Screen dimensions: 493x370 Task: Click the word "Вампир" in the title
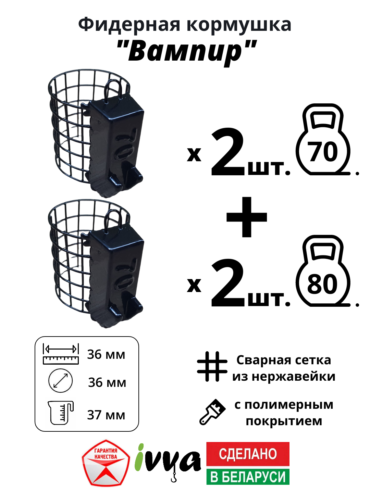pos(187,51)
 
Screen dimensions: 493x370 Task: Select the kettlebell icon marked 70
pos(323,140)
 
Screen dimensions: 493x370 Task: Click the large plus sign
pos(247,217)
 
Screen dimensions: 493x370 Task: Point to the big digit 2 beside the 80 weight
pos(227,283)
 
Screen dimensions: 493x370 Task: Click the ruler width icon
pos(61,354)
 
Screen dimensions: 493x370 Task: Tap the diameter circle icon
pos(61,381)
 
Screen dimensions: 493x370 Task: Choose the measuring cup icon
pos(61,413)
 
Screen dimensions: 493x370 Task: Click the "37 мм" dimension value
pos(106,415)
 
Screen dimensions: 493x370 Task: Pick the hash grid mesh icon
pos(212,366)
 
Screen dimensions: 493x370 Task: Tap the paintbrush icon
pos(212,412)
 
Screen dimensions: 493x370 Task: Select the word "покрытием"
pos(284,421)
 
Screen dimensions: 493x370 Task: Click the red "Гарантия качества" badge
pos(106,463)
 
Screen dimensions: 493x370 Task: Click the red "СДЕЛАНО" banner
pos(248,454)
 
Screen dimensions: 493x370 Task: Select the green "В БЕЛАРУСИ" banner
pos(248,477)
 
